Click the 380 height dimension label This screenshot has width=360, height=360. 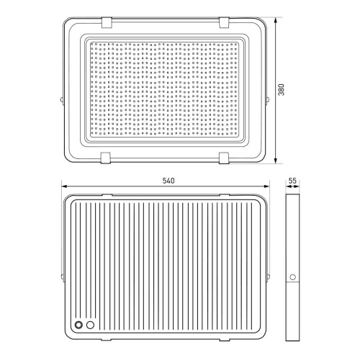(281, 89)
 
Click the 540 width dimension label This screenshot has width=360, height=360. (168, 181)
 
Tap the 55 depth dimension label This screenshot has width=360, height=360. (292, 181)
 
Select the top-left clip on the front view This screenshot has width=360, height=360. (107, 22)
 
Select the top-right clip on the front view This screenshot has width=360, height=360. (224, 22)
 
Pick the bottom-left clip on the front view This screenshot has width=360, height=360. (106, 158)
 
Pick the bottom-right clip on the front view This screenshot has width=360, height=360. (224, 158)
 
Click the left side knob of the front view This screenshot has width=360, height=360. (62, 99)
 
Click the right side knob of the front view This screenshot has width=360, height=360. (268, 99)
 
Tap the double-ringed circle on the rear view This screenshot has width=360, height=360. (78, 325)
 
